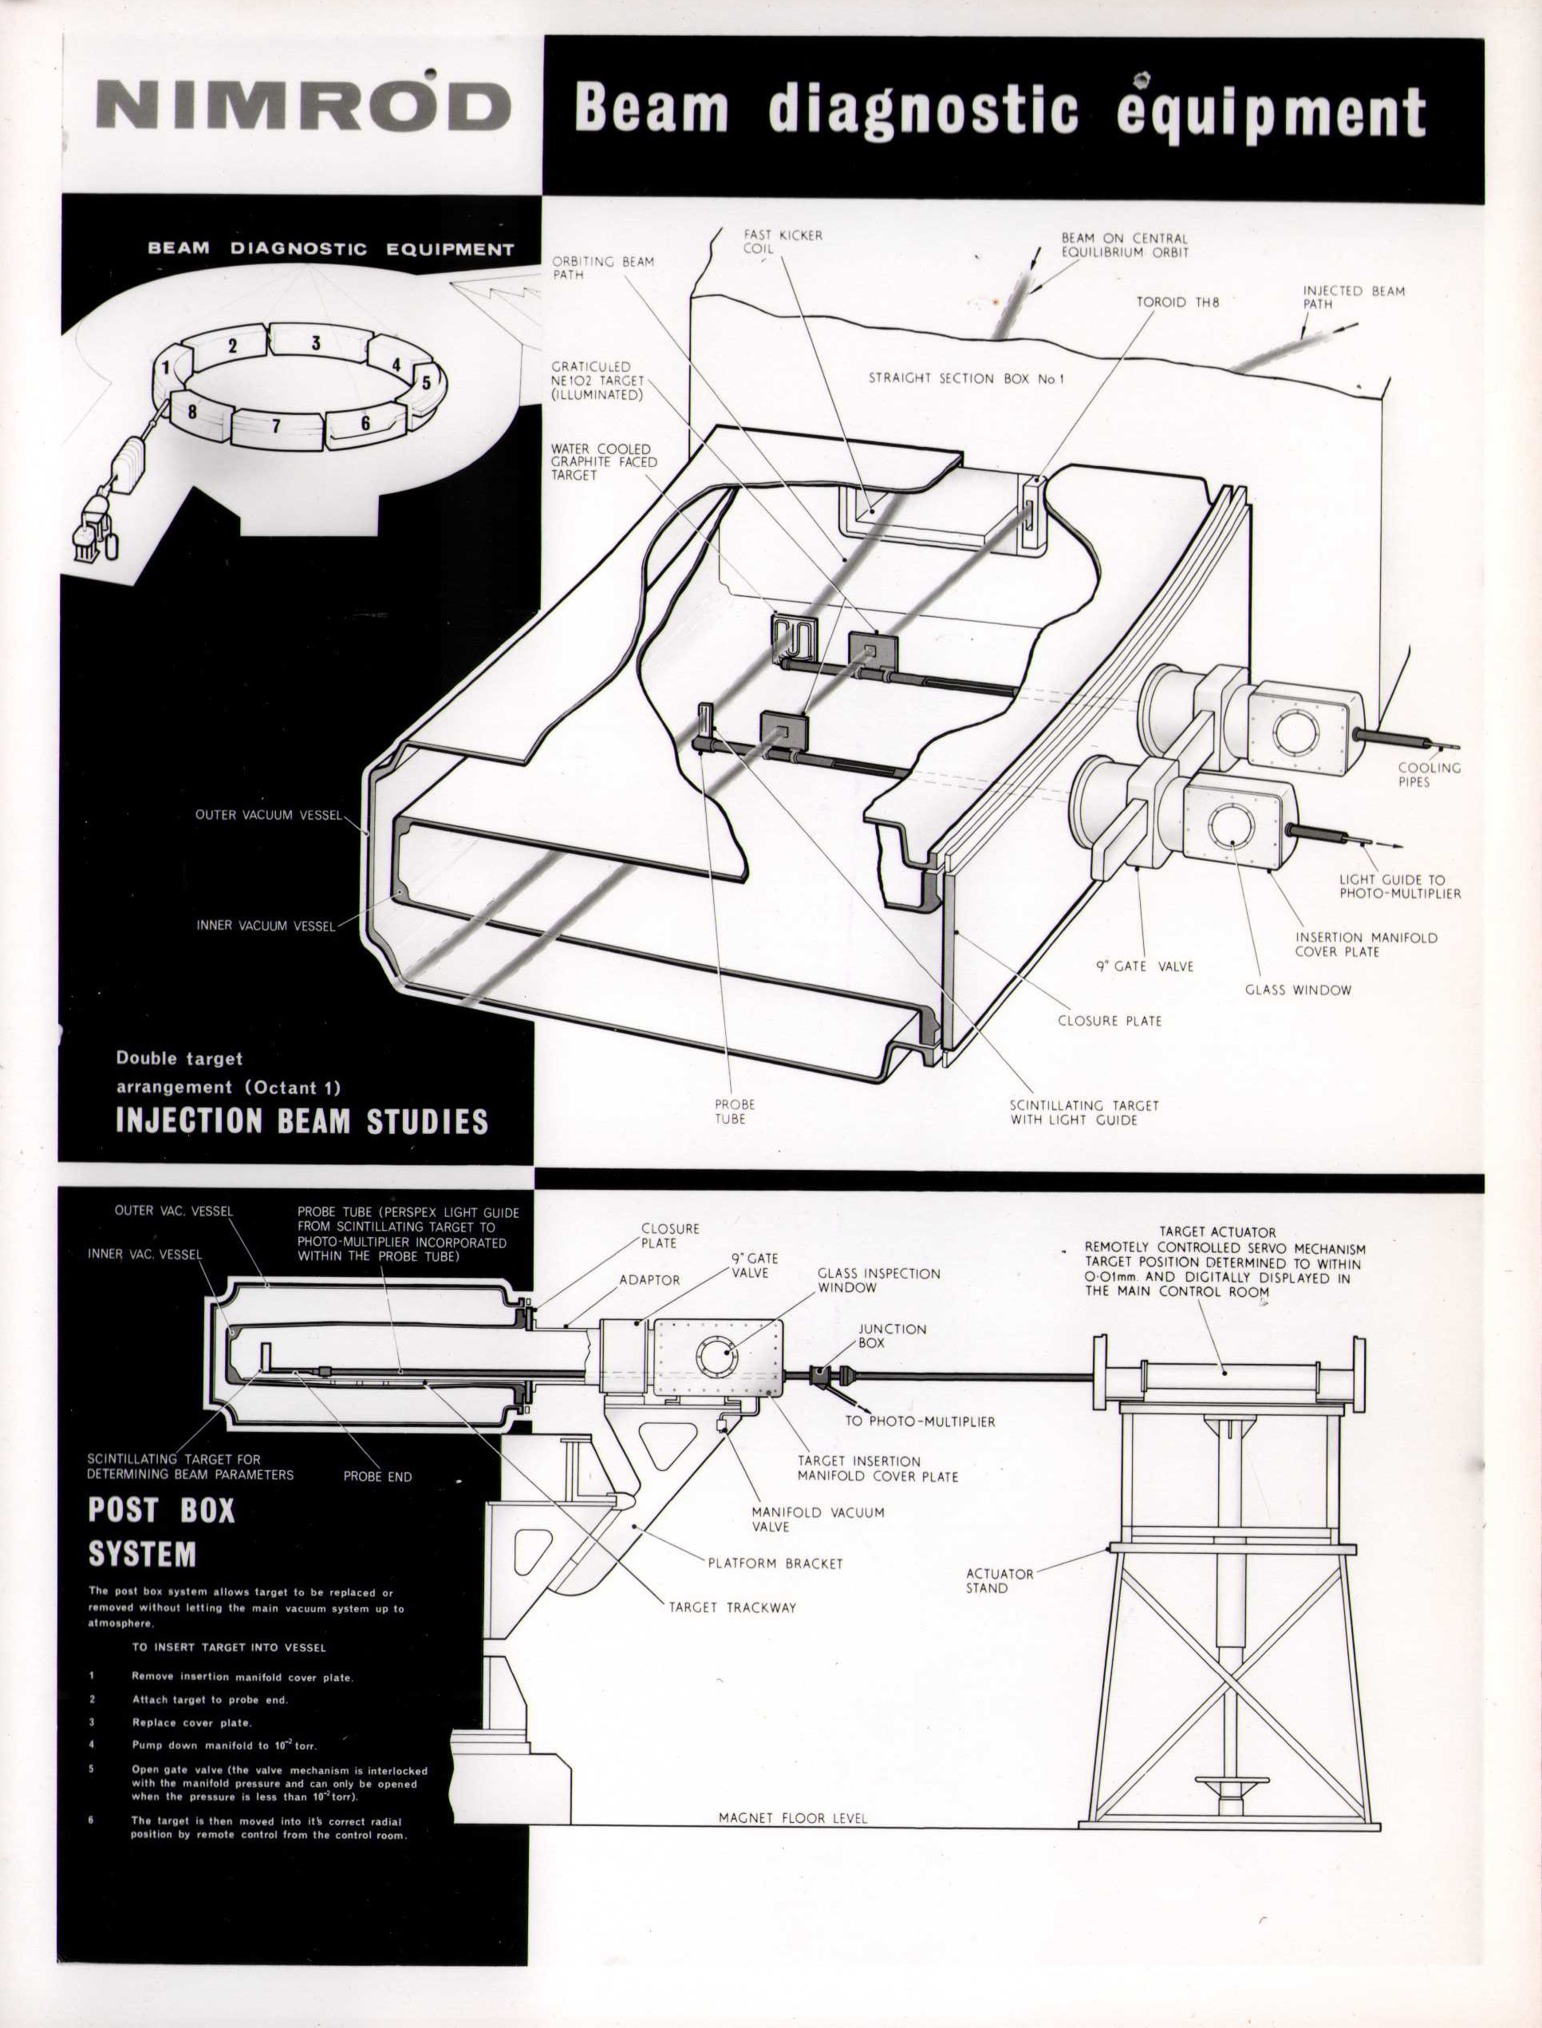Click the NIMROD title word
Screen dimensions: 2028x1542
[303, 108]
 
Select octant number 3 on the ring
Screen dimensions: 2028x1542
[316, 343]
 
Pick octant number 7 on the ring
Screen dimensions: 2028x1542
[274, 426]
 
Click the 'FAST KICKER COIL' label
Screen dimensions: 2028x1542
[783, 242]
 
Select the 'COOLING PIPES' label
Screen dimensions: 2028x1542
[1428, 775]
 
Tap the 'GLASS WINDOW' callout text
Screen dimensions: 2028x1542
[1298, 990]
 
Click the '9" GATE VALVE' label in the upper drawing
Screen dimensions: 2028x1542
[1145, 966]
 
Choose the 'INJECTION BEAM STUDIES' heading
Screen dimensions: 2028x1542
[302, 1121]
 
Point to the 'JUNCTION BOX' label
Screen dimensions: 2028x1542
[891, 1336]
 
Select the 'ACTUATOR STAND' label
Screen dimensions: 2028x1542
[1000, 1580]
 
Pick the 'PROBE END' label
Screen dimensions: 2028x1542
[377, 1477]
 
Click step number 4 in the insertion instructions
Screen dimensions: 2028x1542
[92, 1745]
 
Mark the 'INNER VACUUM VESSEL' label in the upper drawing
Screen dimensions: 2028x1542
[266, 927]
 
